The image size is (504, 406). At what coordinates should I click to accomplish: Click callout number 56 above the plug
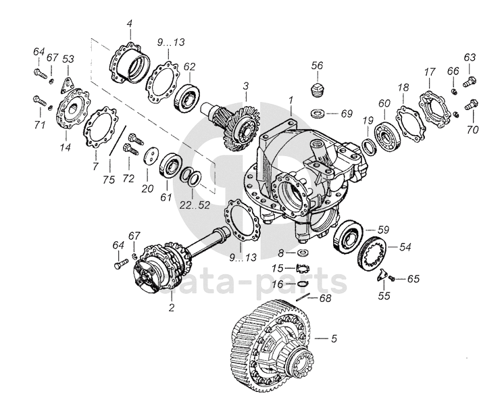(x=317, y=65)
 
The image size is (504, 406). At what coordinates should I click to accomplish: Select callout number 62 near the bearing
(x=190, y=66)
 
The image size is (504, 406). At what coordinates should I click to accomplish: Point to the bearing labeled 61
(x=170, y=165)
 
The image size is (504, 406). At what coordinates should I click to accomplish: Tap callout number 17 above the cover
(x=428, y=72)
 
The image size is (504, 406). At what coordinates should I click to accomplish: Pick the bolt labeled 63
(x=471, y=80)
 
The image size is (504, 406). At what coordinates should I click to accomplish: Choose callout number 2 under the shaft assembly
(x=172, y=308)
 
